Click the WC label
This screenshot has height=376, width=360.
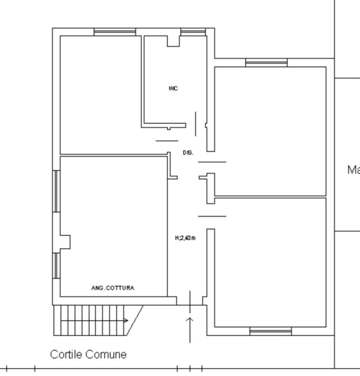pyautogui.click(x=173, y=88)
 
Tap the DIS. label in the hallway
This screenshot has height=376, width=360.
pyautogui.click(x=188, y=153)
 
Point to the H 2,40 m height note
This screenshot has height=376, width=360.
pyautogui.click(x=185, y=238)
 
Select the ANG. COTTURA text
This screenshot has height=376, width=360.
pyautogui.click(x=112, y=288)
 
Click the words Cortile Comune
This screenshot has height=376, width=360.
pyautogui.click(x=88, y=354)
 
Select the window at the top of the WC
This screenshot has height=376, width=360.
pyautogui.click(x=193, y=32)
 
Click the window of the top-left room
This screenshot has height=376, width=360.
pyautogui.click(x=114, y=32)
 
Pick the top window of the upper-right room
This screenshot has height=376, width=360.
pyautogui.click(x=266, y=63)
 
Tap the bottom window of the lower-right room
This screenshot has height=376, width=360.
pyautogui.click(x=270, y=331)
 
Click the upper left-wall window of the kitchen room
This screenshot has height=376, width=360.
pyautogui.click(x=56, y=191)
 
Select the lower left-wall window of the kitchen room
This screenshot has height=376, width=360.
pyautogui.click(x=56, y=265)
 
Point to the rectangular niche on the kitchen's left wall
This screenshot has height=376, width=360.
pyautogui.click(x=65, y=242)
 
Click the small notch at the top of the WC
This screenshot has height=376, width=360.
pyautogui.click(x=173, y=41)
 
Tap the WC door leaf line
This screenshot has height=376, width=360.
pyautogui.click(x=195, y=124)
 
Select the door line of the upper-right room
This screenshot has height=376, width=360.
pyautogui.click(x=212, y=162)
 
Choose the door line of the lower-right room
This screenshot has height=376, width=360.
pyautogui.click(x=212, y=216)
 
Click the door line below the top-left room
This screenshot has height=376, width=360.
pyautogui.click(x=167, y=141)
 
